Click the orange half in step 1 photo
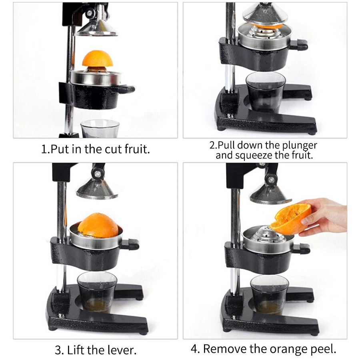coord(98,59)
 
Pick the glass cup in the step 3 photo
coord(97,291)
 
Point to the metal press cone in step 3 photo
coord(97,189)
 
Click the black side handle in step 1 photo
coord(125,89)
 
